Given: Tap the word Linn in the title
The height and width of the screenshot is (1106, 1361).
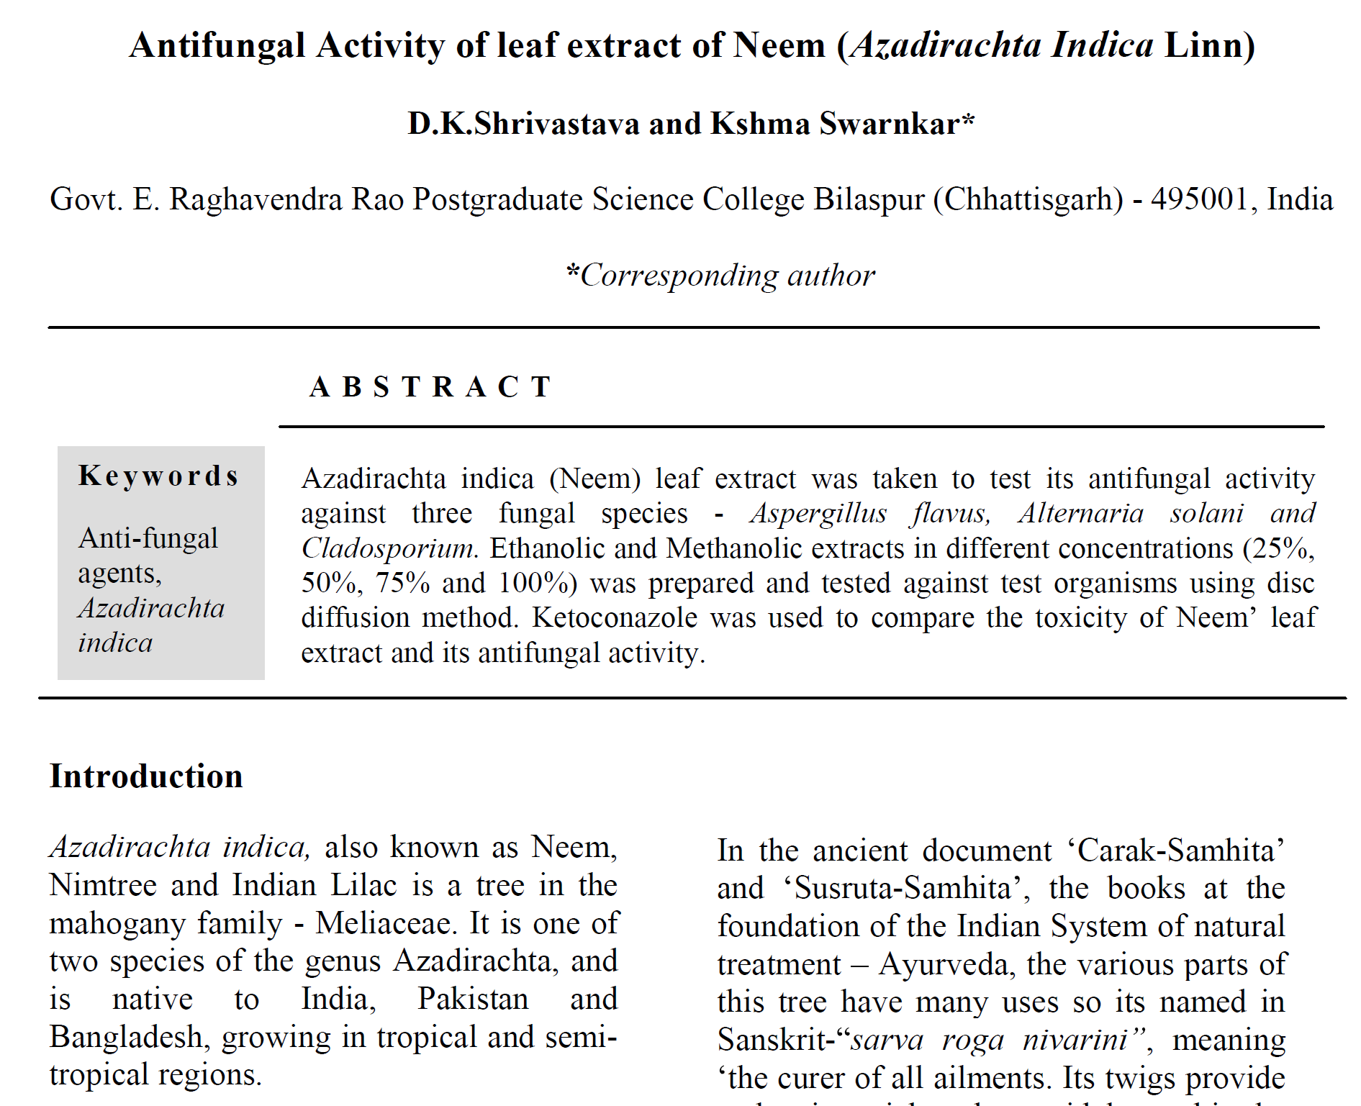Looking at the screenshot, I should (x=1203, y=45).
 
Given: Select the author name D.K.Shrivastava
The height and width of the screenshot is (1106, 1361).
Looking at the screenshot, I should (x=523, y=124).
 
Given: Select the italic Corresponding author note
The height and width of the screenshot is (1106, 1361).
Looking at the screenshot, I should (x=721, y=276).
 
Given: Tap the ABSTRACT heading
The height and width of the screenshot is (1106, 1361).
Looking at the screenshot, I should (x=430, y=387).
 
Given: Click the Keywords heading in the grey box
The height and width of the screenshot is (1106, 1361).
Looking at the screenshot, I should (x=158, y=476).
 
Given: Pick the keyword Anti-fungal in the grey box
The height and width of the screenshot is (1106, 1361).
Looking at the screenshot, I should (x=148, y=538).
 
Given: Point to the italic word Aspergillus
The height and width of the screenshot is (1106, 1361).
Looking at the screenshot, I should (x=818, y=513).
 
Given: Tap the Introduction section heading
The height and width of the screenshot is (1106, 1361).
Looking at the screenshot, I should (x=146, y=776).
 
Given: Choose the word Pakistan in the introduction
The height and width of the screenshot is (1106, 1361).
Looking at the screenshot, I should (x=473, y=999).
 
